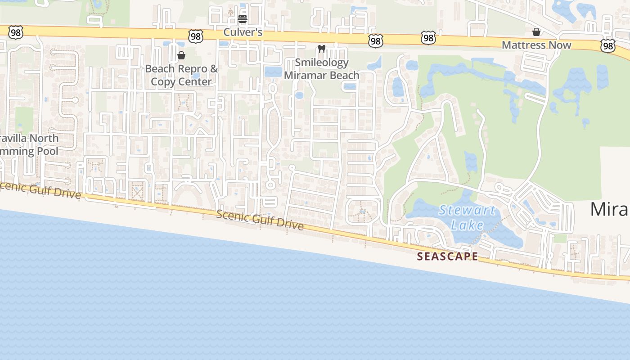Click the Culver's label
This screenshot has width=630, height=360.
(243, 32)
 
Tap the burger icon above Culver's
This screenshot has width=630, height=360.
(243, 19)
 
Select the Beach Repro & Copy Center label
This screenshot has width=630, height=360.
(181, 75)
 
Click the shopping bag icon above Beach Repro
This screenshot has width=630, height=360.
(181, 55)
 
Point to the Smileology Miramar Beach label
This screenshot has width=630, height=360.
(321, 69)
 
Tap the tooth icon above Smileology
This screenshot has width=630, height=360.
(321, 49)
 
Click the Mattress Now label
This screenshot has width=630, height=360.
(536, 45)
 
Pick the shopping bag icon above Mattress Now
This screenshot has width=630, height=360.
(536, 32)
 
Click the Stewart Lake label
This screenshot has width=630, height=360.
(467, 217)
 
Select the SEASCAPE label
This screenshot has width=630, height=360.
(447, 256)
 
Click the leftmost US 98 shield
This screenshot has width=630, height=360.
(15, 31)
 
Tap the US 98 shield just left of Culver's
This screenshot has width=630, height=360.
(196, 36)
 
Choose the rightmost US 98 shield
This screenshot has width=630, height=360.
(607, 45)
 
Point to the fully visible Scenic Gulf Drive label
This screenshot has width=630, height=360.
(260, 220)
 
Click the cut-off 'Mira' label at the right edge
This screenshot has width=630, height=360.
(610, 209)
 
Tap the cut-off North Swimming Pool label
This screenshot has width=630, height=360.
(29, 144)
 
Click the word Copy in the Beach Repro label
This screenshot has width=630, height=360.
(163, 82)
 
